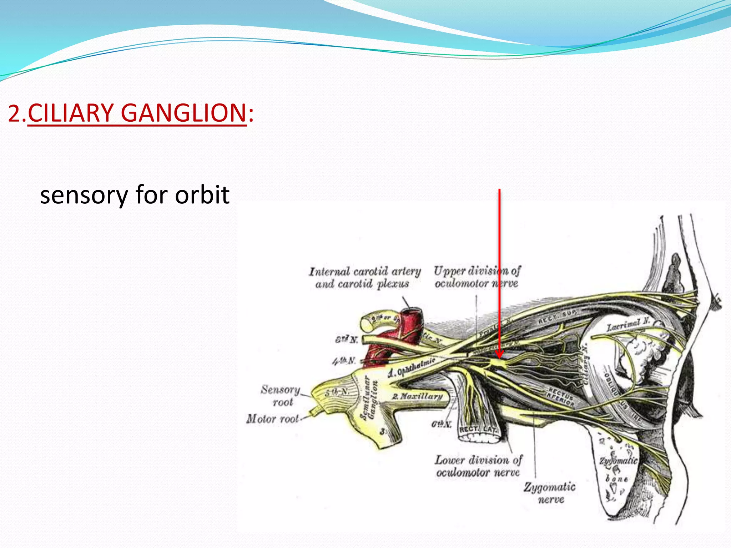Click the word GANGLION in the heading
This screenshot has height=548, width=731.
click(183, 113)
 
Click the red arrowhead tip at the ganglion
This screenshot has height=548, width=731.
click(499, 357)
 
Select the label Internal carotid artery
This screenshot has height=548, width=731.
click(365, 272)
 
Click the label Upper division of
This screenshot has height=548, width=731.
click(477, 271)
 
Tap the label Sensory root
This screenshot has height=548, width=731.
click(281, 395)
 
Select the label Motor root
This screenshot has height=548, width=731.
click(273, 418)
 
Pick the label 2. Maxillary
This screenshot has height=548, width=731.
click(418, 396)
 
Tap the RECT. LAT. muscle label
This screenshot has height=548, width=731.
click(477, 429)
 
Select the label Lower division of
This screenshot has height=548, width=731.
click(478, 460)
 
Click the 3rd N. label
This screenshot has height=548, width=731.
click(346, 339)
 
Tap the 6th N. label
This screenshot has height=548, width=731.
click(441, 424)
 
